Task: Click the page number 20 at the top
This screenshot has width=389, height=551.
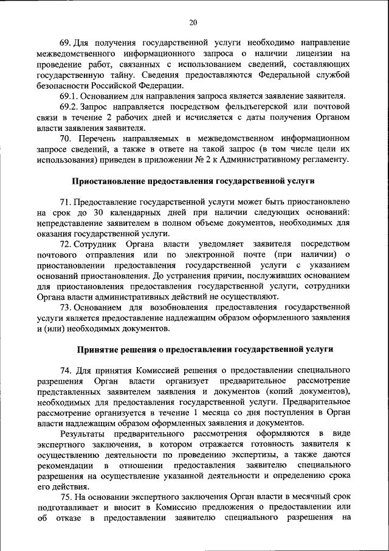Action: click(194, 23)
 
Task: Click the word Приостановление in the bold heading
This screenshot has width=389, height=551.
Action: click(111, 181)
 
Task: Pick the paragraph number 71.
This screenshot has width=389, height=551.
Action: click(66, 202)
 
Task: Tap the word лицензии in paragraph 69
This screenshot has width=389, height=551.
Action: click(311, 54)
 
